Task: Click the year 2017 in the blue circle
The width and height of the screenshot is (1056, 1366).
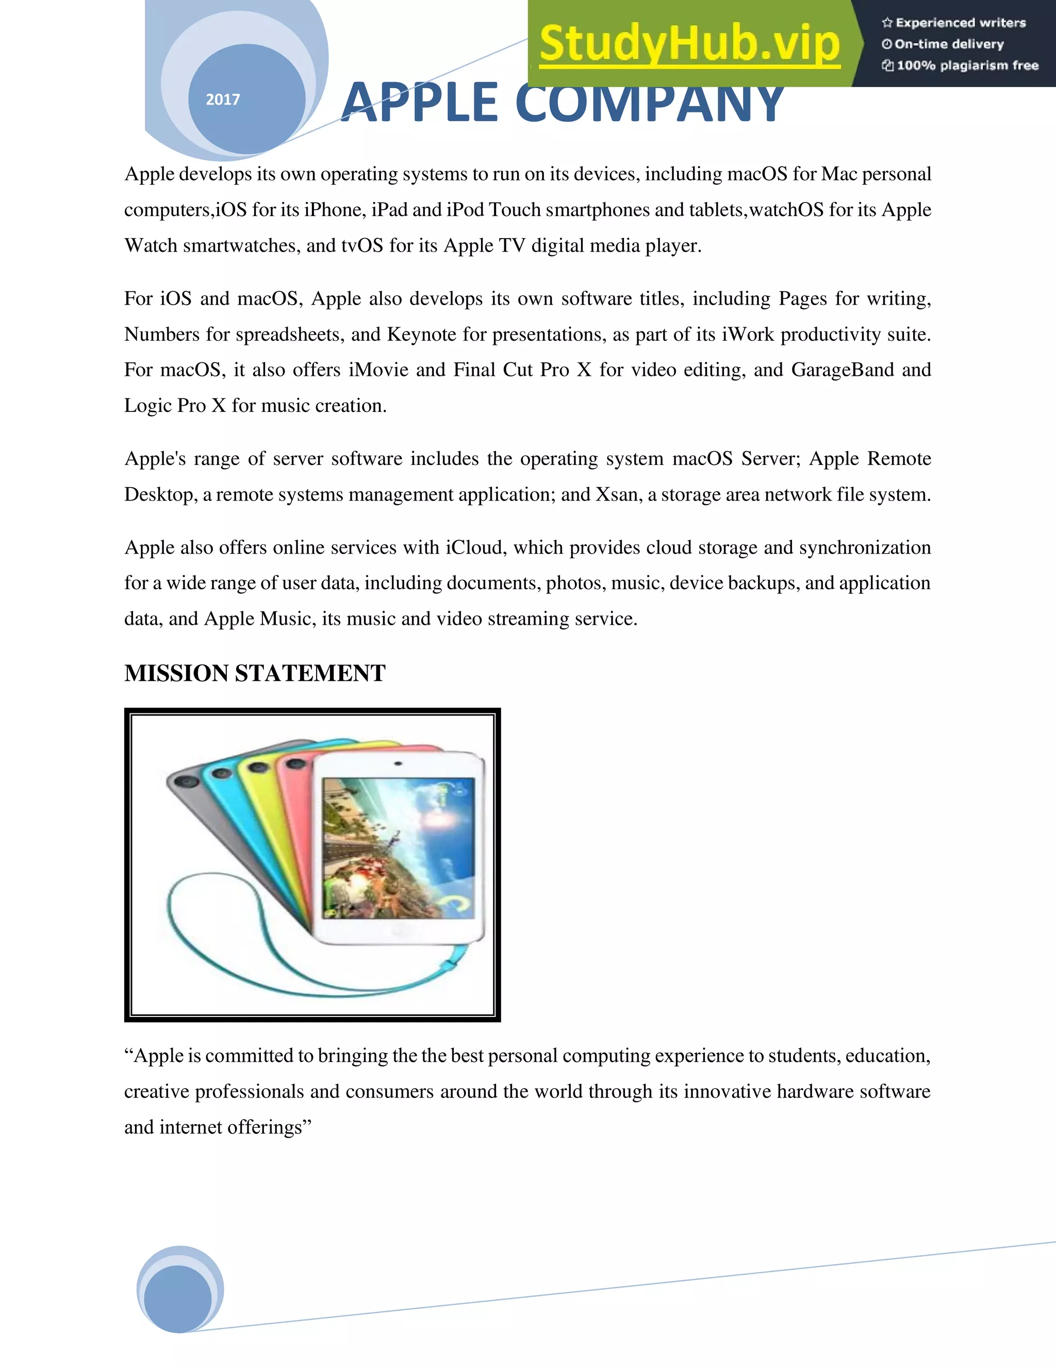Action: click(x=223, y=99)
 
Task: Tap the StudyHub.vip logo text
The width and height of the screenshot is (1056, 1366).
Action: click(x=689, y=44)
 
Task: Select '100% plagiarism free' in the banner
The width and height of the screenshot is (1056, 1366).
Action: click(x=967, y=65)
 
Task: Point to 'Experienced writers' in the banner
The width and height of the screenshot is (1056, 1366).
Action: click(x=960, y=23)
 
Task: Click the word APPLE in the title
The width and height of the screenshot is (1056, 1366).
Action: click(x=419, y=103)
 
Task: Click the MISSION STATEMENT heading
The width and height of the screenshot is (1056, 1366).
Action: click(x=255, y=674)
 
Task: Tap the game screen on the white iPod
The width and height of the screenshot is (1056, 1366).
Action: click(x=398, y=847)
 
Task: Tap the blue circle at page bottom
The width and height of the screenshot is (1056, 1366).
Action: click(x=179, y=1300)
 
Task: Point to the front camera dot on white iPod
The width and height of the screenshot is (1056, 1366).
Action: click(x=398, y=764)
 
